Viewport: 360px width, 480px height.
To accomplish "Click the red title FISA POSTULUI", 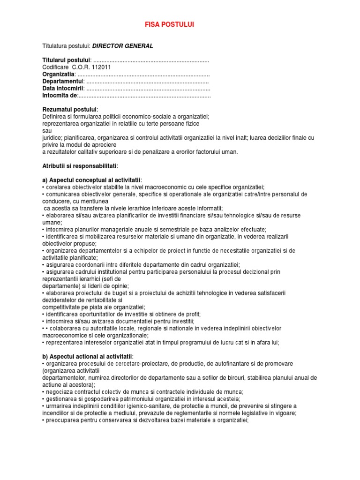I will click(x=167, y=24).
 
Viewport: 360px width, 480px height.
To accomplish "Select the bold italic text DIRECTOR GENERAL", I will click(x=122, y=46).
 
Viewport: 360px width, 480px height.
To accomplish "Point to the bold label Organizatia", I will click(x=58, y=74).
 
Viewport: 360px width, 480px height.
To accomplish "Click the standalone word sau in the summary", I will click(x=46, y=131).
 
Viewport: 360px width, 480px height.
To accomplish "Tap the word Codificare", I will click(x=56, y=67).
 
